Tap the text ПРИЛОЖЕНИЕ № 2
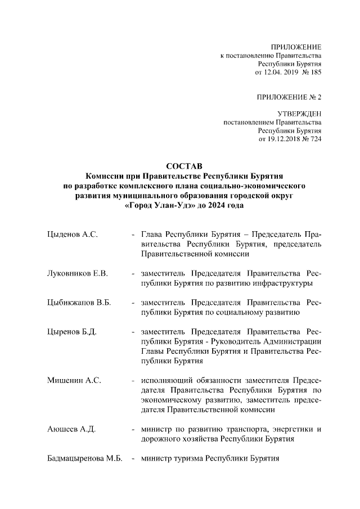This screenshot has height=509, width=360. click(289, 97)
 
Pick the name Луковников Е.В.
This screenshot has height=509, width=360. click(77, 273)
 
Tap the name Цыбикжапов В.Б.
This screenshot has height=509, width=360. click(79, 303)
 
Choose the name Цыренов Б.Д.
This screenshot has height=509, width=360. click(72, 332)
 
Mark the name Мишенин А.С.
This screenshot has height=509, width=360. click(74, 381)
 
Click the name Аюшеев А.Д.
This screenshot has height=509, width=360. click(71, 430)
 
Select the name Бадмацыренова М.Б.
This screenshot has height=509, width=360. click(84, 460)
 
